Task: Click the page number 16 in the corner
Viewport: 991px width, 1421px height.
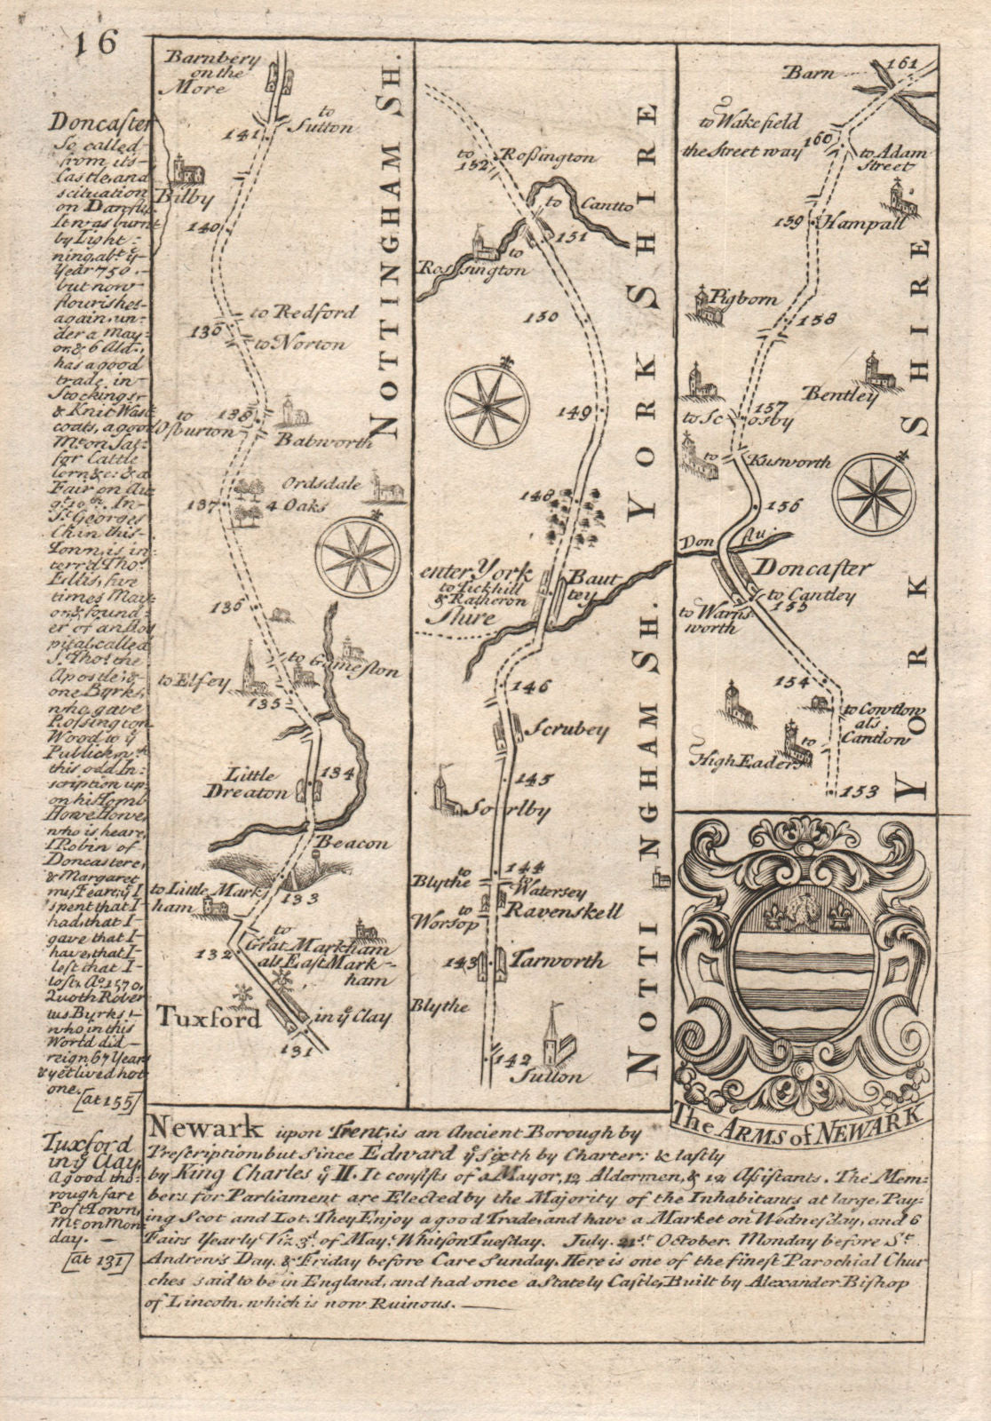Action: point(97,43)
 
